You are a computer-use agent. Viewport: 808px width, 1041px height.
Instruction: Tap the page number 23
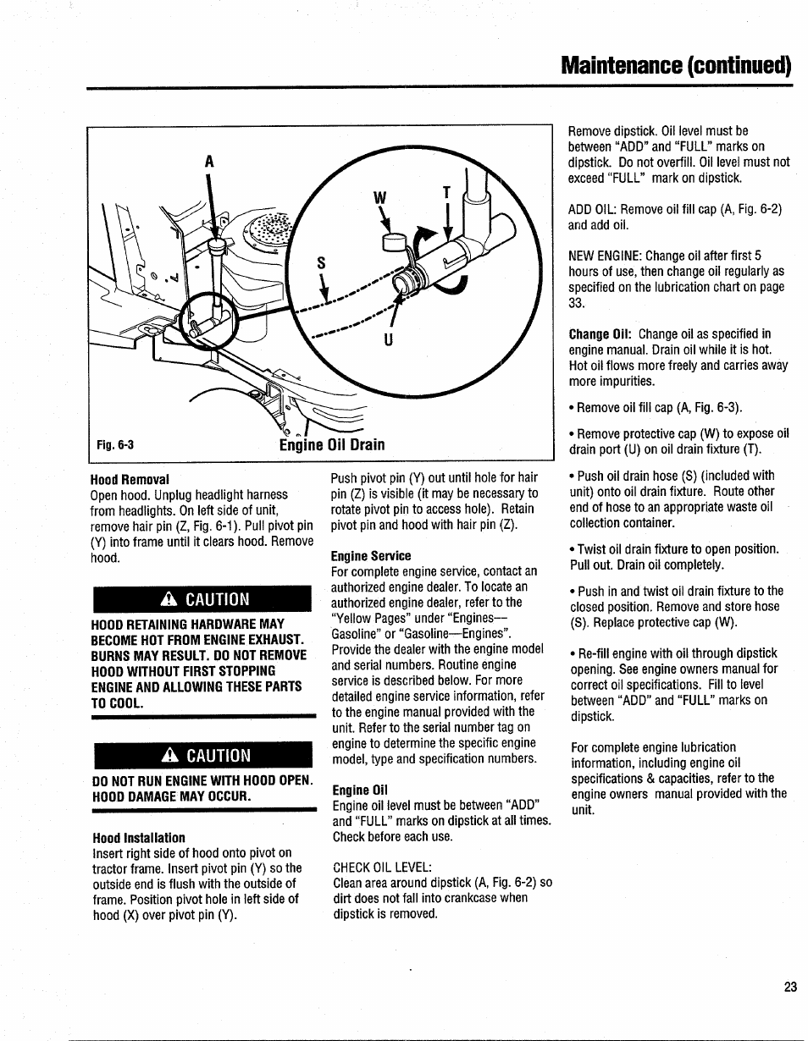coord(790,987)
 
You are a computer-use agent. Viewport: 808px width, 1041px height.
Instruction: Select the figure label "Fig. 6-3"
coord(115,445)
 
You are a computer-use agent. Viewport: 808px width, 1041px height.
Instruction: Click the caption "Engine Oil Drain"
coord(332,444)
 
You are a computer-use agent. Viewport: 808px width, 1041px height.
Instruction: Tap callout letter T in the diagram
coord(446,193)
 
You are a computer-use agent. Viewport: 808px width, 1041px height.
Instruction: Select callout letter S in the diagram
coord(321,264)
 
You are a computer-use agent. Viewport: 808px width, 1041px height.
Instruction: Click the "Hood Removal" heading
coord(130,479)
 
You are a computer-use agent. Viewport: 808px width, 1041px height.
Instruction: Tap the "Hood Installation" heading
coord(138,838)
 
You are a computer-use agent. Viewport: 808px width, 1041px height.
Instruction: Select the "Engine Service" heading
coord(370,556)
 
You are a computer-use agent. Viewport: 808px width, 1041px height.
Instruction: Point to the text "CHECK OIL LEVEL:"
coord(383,867)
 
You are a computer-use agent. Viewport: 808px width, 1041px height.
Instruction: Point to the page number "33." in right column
coord(577,302)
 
